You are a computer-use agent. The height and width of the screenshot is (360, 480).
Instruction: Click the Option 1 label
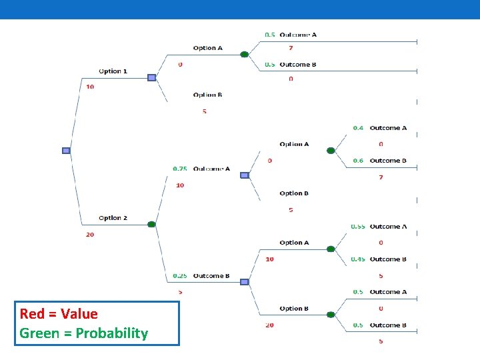[113, 71]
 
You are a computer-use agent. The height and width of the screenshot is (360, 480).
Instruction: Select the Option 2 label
[113, 218]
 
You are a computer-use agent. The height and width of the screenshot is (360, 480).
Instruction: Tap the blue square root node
[66, 151]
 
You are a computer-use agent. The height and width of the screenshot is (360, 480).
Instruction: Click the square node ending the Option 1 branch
[151, 78]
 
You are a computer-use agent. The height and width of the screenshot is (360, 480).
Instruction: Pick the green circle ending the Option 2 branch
[151, 225]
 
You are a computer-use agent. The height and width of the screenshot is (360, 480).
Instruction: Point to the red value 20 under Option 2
[90, 234]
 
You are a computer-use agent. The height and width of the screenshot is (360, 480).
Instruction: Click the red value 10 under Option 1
[90, 87]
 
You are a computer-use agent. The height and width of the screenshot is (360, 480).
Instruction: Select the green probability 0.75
[179, 169]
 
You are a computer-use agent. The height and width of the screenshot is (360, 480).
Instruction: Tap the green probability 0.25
[179, 275]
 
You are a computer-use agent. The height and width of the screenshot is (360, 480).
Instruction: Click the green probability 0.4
[358, 128]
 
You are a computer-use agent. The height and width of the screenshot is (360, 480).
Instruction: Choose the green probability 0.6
[358, 161]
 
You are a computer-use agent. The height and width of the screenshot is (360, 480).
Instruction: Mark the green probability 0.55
[358, 227]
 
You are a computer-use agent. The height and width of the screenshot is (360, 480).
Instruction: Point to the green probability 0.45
[358, 259]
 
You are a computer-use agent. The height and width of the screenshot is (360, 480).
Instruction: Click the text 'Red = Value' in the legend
[59, 314]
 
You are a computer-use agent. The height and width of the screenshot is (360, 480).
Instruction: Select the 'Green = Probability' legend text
[84, 333]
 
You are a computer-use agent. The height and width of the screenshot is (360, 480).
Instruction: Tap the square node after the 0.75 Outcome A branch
[244, 175]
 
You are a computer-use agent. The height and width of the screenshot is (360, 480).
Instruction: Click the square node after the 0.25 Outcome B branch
[244, 282]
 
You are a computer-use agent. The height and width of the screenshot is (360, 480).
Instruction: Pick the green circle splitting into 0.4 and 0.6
[331, 151]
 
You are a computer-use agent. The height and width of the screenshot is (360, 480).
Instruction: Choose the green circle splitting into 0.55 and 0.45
[331, 249]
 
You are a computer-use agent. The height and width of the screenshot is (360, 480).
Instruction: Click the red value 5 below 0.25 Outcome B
[181, 292]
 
